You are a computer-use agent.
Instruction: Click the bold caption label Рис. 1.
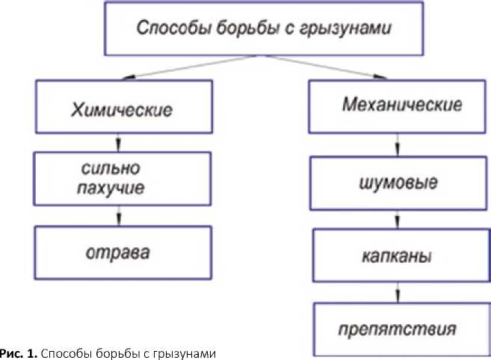16,352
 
